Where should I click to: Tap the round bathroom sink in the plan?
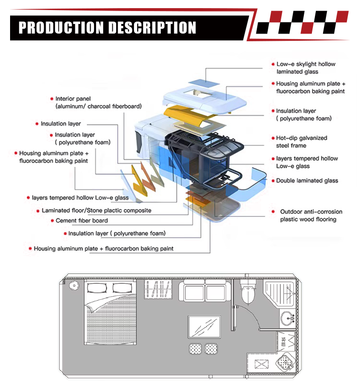287,318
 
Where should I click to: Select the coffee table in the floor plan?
204,327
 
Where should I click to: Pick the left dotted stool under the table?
195,349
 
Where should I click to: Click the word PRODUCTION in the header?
61,27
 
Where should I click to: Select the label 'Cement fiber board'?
82,221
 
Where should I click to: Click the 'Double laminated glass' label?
307,181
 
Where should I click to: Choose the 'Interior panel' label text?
73,99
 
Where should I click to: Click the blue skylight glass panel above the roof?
204,82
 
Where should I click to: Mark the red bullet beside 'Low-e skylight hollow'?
273,64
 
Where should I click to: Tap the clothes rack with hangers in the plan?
158,289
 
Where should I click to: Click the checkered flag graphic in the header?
302,22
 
